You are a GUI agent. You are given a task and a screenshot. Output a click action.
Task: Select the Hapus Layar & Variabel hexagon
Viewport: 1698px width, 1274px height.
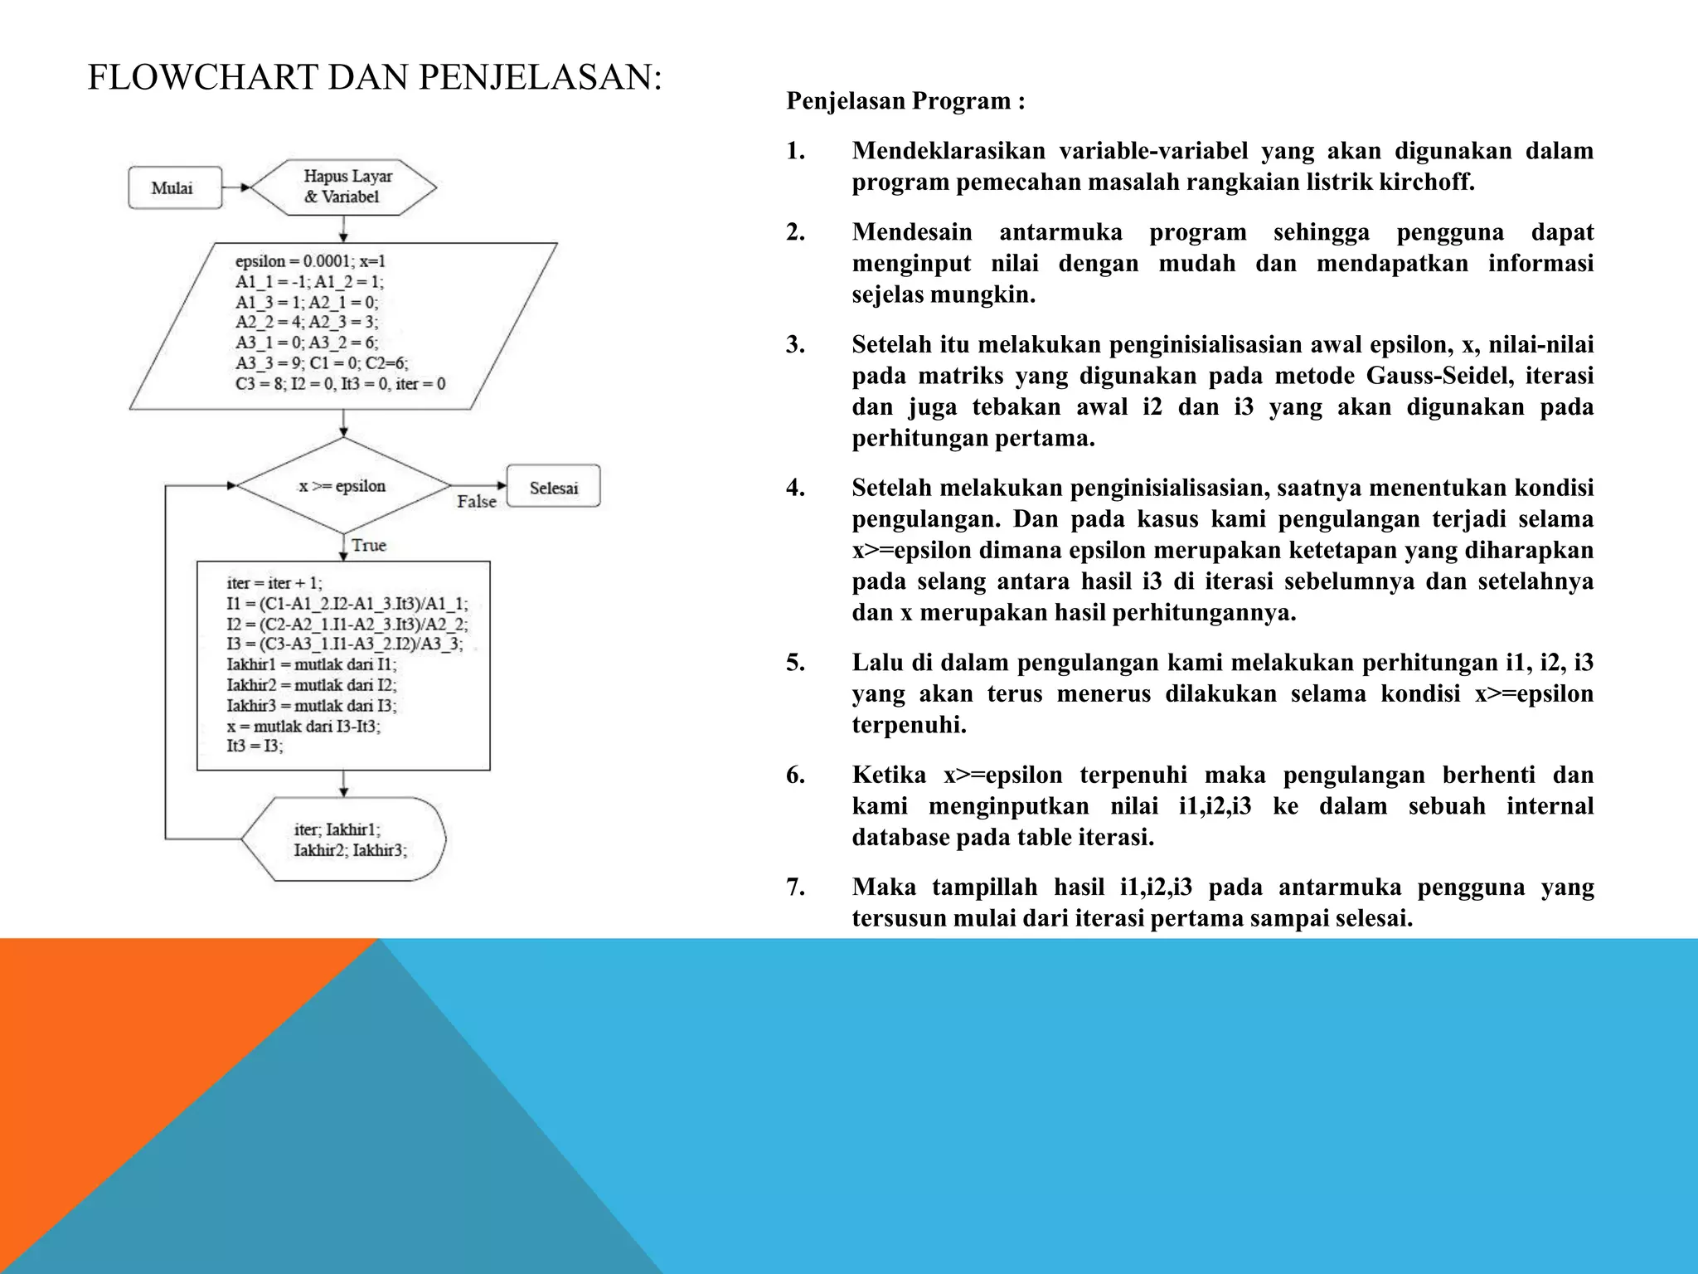pyautogui.click(x=343, y=187)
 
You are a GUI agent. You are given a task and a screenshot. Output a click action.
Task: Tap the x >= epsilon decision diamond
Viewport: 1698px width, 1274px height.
pyautogui.click(x=343, y=486)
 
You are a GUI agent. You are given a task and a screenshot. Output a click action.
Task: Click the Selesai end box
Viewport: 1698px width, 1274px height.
pyautogui.click(x=553, y=487)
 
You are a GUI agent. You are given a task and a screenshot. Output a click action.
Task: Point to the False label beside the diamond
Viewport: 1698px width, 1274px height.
pyautogui.click(x=477, y=502)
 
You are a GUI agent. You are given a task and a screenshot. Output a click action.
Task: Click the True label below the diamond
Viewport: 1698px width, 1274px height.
pyautogui.click(x=368, y=546)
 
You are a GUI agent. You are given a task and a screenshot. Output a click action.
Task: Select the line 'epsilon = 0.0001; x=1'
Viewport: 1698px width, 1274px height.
pyautogui.click(x=310, y=261)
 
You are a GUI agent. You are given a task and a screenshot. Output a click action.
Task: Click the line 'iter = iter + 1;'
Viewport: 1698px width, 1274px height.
pyautogui.click(x=274, y=583)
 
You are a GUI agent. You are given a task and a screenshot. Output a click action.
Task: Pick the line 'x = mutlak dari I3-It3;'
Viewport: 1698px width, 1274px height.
pyautogui.click(x=303, y=727)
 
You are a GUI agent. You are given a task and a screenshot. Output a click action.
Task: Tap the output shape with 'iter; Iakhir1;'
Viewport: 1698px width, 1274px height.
pyautogui.click(x=343, y=839)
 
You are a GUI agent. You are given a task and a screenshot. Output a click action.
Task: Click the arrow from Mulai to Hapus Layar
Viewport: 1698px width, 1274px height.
pyautogui.click(x=236, y=188)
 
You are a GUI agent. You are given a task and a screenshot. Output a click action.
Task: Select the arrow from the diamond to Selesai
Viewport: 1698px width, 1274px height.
pyautogui.click(x=479, y=486)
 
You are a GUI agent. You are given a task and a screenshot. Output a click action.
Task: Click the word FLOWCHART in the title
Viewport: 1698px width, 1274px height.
pyautogui.click(x=203, y=78)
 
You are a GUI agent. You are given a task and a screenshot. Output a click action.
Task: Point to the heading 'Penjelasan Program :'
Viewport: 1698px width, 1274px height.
pyautogui.click(x=905, y=101)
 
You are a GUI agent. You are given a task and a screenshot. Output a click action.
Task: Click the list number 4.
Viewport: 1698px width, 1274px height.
pyautogui.click(x=795, y=488)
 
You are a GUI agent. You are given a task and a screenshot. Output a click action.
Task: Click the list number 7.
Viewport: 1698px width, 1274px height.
pyautogui.click(x=795, y=887)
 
